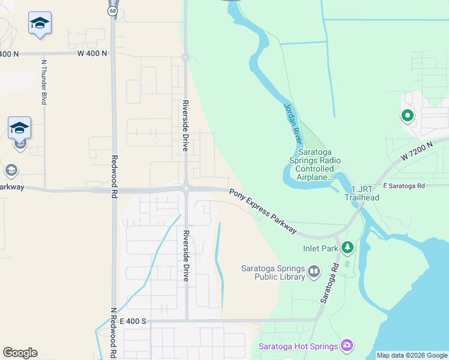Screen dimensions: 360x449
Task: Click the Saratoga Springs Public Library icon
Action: coord(314,273)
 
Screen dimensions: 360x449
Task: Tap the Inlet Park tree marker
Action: coord(348,247)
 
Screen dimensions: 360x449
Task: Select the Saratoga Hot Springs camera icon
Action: coord(347,345)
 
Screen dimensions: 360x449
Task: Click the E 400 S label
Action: coord(133,322)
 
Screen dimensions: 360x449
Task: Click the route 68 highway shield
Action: coord(113,11)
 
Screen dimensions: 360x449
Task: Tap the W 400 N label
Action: coord(92,53)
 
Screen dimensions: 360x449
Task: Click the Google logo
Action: coord(20,353)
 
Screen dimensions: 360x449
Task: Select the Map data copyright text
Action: coord(412,355)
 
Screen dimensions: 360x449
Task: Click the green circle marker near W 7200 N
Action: coord(407,116)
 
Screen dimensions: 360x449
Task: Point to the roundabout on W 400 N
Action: coord(185,58)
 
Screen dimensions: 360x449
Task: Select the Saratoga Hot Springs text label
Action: coord(298,346)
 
